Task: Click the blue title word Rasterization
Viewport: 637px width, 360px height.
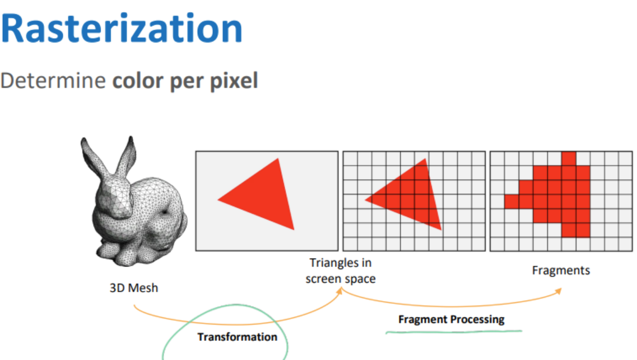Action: pyautogui.click(x=122, y=29)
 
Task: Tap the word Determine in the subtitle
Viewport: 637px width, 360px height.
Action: pyautogui.click(x=53, y=81)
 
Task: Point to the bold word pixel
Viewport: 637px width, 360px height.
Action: pyautogui.click(x=234, y=81)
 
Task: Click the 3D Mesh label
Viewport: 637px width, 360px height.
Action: pyautogui.click(x=134, y=288)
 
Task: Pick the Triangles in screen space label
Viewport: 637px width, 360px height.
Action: pyautogui.click(x=341, y=271)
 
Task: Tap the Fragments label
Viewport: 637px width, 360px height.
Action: pyautogui.click(x=561, y=270)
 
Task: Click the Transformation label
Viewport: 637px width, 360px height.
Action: pyautogui.click(x=237, y=337)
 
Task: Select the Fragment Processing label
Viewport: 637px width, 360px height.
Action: pyautogui.click(x=452, y=320)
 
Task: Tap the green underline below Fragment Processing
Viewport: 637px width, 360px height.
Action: pyautogui.click(x=454, y=332)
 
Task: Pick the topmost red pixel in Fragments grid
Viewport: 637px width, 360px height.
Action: pyautogui.click(x=568, y=158)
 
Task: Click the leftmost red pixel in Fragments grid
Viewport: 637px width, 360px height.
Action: pyautogui.click(x=512, y=202)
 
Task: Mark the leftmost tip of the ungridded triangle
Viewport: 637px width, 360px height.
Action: pyautogui.click(x=218, y=199)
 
